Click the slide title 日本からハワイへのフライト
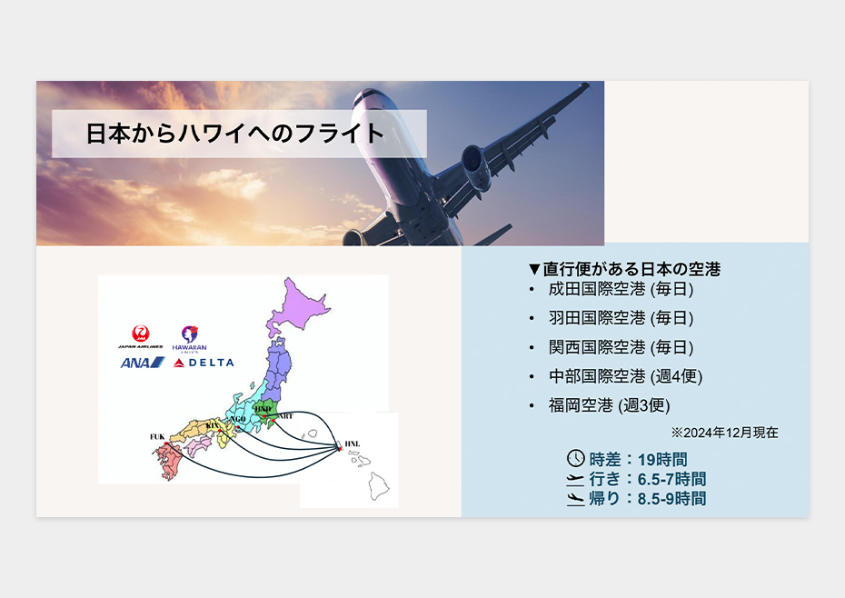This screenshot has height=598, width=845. point(235,134)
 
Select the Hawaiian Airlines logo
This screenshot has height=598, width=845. point(189,339)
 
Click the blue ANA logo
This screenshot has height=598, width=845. point(143,363)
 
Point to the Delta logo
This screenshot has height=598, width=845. point(204,363)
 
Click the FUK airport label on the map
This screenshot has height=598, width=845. point(157,437)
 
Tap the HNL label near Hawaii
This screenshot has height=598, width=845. point(352,444)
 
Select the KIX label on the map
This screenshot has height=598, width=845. point(213,425)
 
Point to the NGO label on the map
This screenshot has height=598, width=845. point(238,419)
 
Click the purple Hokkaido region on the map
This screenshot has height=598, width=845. point(297,306)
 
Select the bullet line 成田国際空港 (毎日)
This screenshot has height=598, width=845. point(621,289)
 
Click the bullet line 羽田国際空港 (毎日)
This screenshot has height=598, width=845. point(621,318)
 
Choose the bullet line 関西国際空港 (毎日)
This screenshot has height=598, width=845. point(621,347)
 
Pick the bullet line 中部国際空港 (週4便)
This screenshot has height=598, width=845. point(625,376)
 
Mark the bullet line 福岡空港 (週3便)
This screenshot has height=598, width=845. point(609,405)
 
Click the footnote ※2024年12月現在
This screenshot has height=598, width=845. point(724,433)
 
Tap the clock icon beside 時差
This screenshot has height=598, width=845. point(575,458)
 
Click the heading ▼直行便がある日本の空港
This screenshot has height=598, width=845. point(624,269)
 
